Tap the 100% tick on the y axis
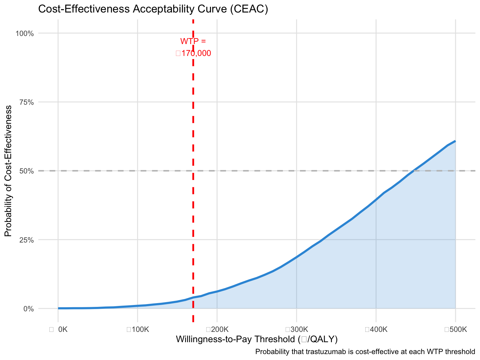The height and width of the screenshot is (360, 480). click(25, 33)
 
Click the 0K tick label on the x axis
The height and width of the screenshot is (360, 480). click(59, 329)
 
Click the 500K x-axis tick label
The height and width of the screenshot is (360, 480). click(456, 329)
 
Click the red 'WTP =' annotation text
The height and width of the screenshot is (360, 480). click(193, 41)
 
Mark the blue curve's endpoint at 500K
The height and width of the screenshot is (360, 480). click(455, 141)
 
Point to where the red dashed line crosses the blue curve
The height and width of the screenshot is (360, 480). click(193, 297)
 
